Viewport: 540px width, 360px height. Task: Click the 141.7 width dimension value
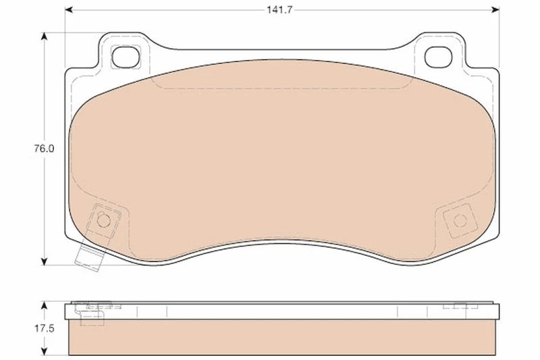click(279, 10)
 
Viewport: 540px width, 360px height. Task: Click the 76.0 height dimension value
click(44, 149)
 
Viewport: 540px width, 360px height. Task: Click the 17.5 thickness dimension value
click(44, 328)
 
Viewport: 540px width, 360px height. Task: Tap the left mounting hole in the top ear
click(126, 57)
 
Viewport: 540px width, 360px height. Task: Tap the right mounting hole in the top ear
click(438, 57)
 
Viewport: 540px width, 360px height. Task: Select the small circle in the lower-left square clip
click(103, 221)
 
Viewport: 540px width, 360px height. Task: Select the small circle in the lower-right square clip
click(460, 221)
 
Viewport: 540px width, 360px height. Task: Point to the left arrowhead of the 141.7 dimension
click(69, 10)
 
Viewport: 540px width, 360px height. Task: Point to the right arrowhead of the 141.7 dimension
click(495, 10)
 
